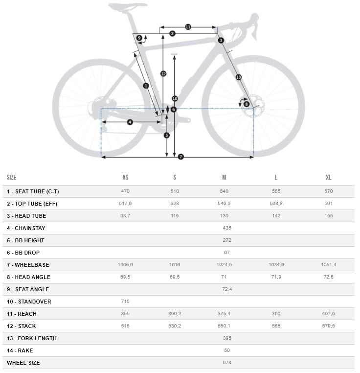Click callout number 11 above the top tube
188,27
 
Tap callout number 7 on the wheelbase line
180,157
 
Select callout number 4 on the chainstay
130,122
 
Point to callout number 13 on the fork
238,77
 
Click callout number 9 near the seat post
139,38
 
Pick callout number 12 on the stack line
163,73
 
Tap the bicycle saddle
127,6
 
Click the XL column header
328,177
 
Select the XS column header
125,177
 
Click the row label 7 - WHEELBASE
28,265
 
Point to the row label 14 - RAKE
20,350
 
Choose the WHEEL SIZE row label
23,363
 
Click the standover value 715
125,302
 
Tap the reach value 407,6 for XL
328,314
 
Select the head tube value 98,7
125,216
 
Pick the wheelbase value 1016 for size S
175,265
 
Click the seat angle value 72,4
227,289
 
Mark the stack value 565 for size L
276,326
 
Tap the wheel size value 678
227,363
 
